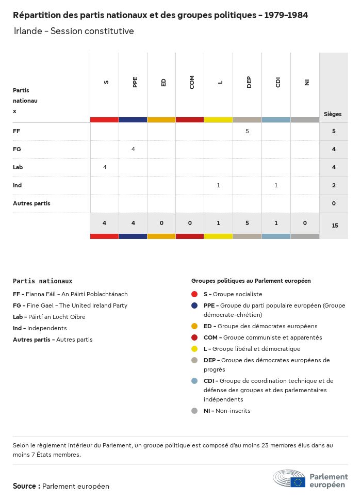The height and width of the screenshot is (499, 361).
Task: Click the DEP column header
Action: pos(249,83)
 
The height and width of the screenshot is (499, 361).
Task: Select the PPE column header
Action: pos(135,83)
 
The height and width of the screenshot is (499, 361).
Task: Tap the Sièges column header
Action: pos(333,114)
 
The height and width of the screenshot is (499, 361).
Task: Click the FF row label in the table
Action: pos(17,131)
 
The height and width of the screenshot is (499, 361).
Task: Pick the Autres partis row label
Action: pos(31,203)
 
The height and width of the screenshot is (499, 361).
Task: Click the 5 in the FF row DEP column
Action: pos(247,131)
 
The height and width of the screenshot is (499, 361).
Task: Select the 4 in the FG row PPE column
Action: pos(133,149)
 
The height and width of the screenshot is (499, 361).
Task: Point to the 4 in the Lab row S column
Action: pos(105,167)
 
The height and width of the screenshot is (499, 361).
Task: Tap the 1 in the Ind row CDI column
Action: pos(276,185)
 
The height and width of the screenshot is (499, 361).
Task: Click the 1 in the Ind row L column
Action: pos(219,185)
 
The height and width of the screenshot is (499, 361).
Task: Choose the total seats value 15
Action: pos(335,226)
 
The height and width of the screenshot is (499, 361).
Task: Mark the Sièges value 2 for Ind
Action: pos(334,185)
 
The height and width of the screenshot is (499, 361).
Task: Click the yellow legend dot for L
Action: pos(194,349)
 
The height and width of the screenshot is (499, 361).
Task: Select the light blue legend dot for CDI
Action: pos(194,381)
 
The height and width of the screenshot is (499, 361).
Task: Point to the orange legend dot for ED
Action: pos(194,326)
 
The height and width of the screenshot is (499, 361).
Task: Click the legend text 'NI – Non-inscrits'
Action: pos(226,411)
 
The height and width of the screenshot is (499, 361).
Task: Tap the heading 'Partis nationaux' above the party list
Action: pos(43,281)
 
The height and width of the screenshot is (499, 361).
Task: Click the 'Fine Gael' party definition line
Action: pos(70,305)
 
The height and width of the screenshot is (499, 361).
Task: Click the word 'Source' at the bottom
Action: pos(24,486)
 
